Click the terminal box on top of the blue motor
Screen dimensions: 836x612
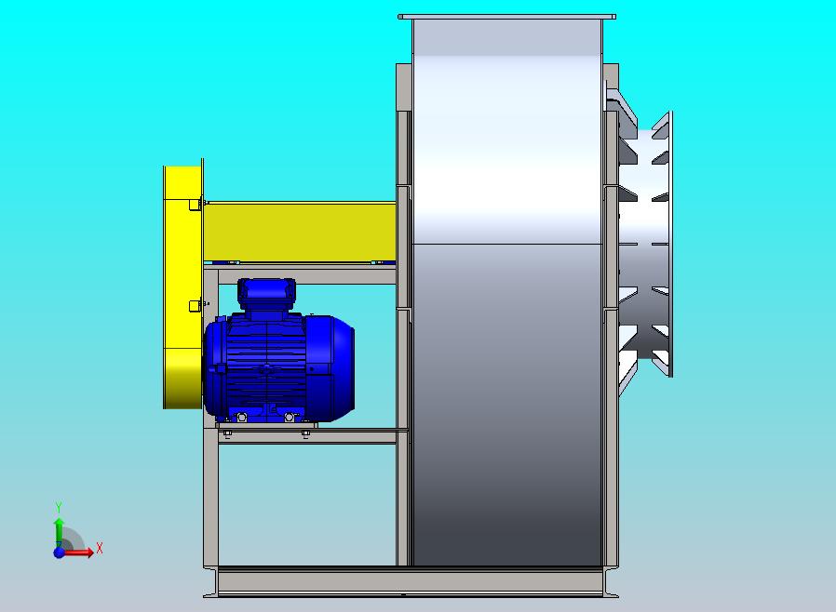coord(266,294)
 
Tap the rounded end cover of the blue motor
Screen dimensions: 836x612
coord(333,368)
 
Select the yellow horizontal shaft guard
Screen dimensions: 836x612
coord(300,232)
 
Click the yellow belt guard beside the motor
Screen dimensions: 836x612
coord(182,285)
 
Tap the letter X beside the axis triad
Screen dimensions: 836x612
coord(100,548)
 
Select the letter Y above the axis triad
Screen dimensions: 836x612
coord(59,507)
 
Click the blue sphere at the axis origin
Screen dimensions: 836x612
coord(59,552)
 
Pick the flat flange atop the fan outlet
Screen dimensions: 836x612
coord(506,17)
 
